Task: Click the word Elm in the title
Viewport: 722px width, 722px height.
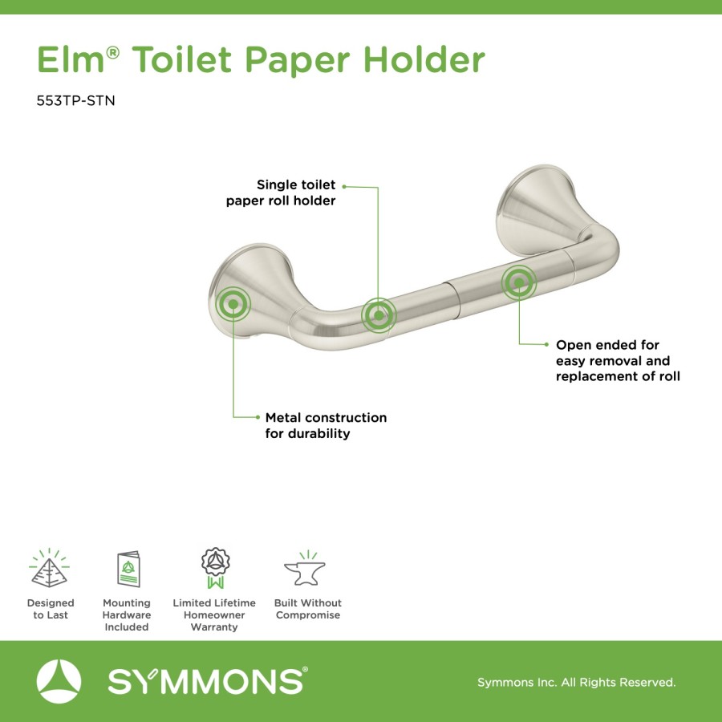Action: tap(71, 59)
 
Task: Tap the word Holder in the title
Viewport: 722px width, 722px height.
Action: tap(424, 59)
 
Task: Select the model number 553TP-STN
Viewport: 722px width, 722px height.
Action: tap(75, 100)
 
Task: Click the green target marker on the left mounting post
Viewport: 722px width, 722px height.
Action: tap(233, 304)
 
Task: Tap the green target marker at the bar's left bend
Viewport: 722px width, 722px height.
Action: tap(379, 315)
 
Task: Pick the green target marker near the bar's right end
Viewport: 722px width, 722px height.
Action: tap(519, 282)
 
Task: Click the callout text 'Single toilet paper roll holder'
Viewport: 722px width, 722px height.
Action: tap(281, 193)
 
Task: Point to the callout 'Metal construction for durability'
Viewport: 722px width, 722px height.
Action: tap(326, 425)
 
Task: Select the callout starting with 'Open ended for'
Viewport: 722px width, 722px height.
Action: tap(618, 360)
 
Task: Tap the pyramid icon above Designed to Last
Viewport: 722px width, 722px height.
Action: tap(49, 568)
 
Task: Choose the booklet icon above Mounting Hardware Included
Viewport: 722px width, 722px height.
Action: tap(128, 569)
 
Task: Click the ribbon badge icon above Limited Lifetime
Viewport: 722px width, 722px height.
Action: tap(215, 568)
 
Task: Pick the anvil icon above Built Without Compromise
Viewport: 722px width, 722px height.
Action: tap(305, 568)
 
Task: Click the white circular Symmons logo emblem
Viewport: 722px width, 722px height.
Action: tap(59, 681)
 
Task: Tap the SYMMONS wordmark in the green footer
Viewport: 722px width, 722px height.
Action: tap(208, 681)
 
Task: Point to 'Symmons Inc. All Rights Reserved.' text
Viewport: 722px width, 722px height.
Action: tap(577, 682)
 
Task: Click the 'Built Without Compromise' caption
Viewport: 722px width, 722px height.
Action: tap(307, 609)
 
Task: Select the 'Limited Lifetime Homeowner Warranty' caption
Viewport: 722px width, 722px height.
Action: tap(214, 615)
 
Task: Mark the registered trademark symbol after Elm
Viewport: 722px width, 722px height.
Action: tap(113, 52)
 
